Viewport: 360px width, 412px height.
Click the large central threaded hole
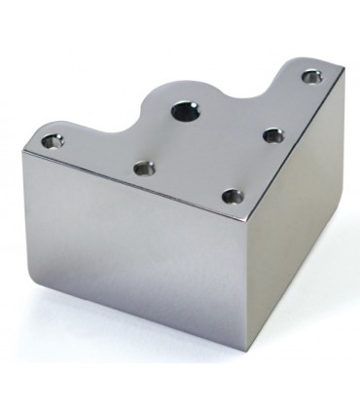186,111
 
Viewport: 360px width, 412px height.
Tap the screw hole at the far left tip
53,142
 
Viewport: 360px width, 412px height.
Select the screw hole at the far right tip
311,76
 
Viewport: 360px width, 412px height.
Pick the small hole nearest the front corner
232,197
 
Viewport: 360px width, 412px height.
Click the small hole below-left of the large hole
144,169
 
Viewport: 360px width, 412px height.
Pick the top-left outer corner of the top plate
24,146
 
